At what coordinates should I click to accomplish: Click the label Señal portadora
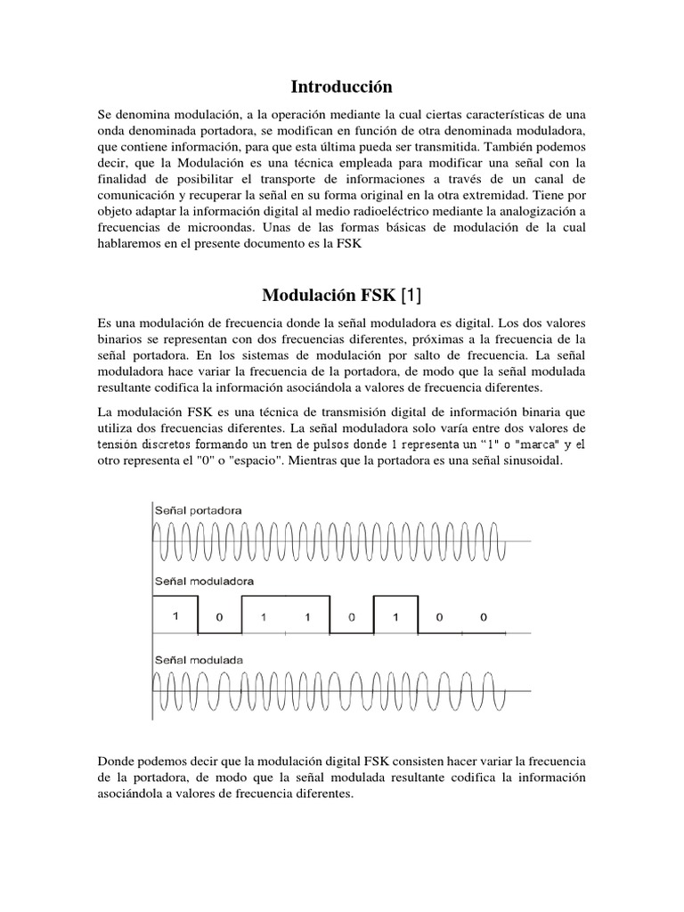pyautogui.click(x=204, y=509)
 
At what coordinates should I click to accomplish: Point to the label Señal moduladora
pyautogui.click(x=208, y=581)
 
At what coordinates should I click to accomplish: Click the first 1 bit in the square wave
pyautogui.click(x=178, y=615)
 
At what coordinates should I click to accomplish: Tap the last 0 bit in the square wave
pyautogui.click(x=483, y=615)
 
